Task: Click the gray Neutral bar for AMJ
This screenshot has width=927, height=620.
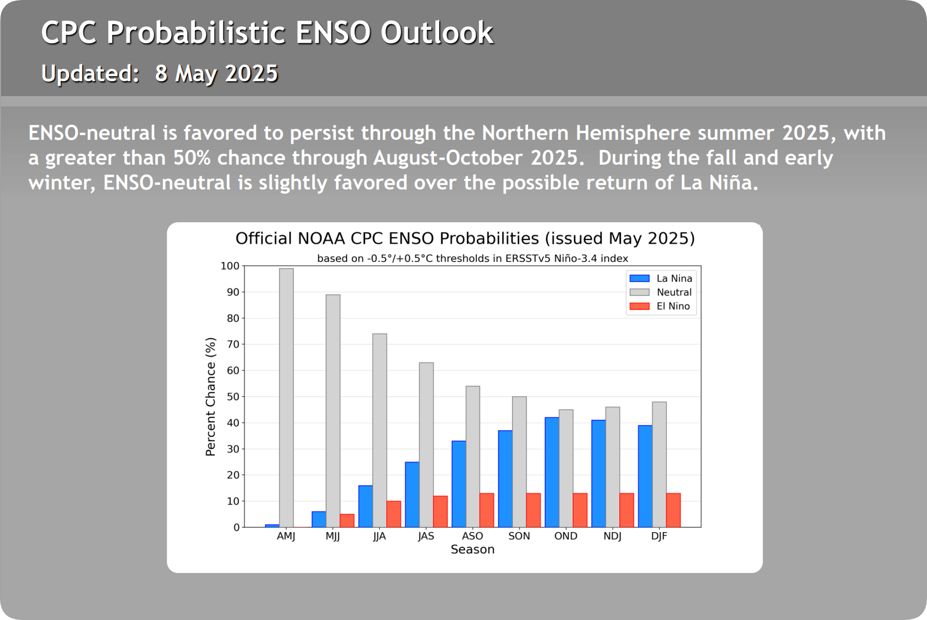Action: pyautogui.click(x=286, y=398)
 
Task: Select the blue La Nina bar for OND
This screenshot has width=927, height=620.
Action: pyautogui.click(x=552, y=472)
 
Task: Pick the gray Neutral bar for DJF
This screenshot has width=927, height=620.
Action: pyautogui.click(x=659, y=464)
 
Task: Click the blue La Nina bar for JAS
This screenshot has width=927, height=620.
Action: pyautogui.click(x=412, y=495)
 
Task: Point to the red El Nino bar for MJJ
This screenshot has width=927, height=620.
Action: pyautogui.click(x=347, y=521)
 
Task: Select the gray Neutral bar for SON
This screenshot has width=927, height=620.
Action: pyautogui.click(x=519, y=462)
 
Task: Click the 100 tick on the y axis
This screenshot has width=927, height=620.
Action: pyautogui.click(x=230, y=266)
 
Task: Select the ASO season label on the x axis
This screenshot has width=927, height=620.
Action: pyautogui.click(x=472, y=536)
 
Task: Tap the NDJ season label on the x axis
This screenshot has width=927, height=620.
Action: pyautogui.click(x=612, y=536)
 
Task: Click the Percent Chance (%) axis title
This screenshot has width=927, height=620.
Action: pyautogui.click(x=210, y=397)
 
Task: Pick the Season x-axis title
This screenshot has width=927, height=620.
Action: pyautogui.click(x=472, y=549)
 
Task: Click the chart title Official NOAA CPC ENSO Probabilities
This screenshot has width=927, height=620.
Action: pyautogui.click(x=465, y=238)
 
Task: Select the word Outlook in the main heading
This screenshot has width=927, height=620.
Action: pyautogui.click(x=436, y=33)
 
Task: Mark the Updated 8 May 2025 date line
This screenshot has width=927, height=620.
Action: pyautogui.click(x=160, y=73)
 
